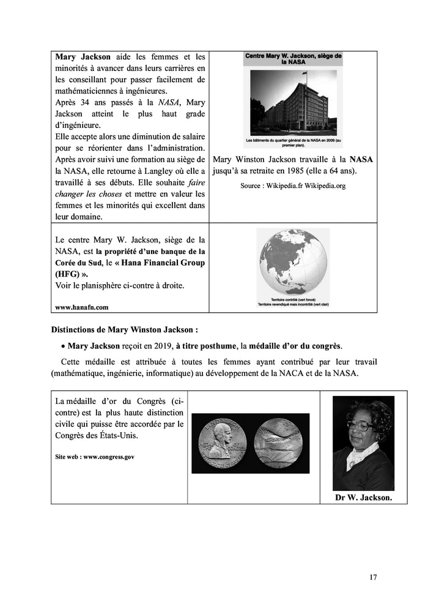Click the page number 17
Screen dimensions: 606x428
click(374, 577)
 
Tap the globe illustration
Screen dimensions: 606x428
click(292, 263)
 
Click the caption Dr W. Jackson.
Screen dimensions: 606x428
click(363, 498)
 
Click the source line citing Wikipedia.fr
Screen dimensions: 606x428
click(292, 185)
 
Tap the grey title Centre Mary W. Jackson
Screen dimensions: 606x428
click(293, 58)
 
